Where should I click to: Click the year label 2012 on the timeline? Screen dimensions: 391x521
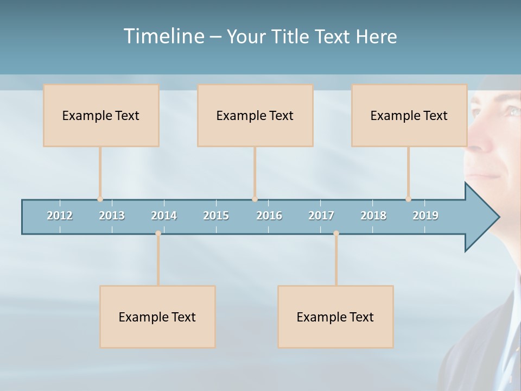pos(60,216)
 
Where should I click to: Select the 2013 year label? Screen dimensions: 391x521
pos(112,216)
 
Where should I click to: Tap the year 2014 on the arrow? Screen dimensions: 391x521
pos(164,216)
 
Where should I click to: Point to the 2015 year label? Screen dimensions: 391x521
pos(216,216)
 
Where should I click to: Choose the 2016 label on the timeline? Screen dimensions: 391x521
pos(269,216)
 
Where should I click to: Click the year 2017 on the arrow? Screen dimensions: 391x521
pos(321,216)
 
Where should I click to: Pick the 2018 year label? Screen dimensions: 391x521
pos(373,216)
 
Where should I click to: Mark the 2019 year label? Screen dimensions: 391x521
pos(425,216)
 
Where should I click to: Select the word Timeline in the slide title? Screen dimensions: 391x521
pos(163,36)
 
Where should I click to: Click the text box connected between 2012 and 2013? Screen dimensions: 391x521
pos(101,115)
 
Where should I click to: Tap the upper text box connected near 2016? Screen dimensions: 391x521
pos(255,115)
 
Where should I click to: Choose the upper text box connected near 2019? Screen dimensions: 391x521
pos(409,115)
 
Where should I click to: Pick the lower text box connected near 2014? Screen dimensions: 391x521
pos(157,317)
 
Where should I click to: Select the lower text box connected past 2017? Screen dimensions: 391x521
pos(335,317)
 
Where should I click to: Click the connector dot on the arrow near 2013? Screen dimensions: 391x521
pos(100,199)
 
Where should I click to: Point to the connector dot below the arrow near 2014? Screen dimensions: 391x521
pos(158,234)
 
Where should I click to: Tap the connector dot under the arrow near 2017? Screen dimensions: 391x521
pos(336,234)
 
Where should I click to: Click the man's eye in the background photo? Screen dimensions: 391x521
pos(512,111)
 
